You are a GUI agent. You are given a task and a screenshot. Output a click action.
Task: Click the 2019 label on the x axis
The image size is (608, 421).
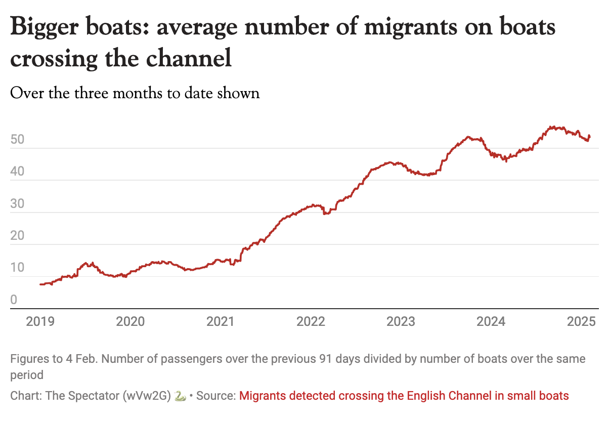40,321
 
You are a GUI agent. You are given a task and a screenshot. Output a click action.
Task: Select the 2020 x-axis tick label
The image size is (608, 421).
130,321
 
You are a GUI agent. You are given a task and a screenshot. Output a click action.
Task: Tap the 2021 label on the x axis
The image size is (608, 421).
220,321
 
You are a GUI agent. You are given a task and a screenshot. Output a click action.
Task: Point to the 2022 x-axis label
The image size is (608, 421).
311,321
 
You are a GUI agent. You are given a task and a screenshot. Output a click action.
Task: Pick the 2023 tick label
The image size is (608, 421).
401,321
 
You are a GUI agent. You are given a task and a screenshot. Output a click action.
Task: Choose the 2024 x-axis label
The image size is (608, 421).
491,321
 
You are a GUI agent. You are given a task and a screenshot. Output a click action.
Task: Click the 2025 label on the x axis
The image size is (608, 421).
581,321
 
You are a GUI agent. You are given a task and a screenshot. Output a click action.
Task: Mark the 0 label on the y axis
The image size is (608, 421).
14,300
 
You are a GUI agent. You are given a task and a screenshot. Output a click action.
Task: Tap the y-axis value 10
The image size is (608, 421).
17,268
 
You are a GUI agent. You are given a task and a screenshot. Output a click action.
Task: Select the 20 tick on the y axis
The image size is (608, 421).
17,236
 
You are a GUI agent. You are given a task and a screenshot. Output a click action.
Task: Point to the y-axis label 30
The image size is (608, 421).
17,204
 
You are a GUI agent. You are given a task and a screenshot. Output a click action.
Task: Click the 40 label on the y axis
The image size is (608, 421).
17,172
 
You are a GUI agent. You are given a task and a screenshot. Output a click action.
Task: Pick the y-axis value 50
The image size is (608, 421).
17,140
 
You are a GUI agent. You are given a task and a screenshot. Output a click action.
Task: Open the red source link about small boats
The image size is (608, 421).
404,396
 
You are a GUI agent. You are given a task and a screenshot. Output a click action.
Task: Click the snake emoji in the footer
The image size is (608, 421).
179,396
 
